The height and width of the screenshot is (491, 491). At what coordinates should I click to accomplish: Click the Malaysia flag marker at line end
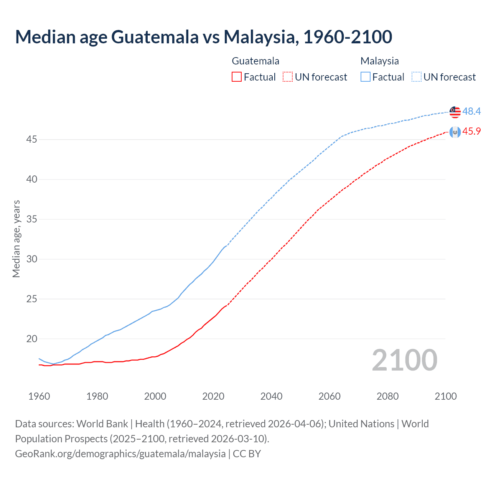pos(455,112)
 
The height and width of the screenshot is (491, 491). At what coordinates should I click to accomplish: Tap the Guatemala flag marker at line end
pos(455,132)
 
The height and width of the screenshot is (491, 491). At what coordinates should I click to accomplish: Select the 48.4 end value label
pos(471,112)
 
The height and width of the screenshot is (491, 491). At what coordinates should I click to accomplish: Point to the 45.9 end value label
pos(471,132)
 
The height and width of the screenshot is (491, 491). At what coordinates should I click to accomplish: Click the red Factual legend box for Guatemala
pos(237,77)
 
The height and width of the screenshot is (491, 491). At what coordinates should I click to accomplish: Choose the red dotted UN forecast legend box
pos(288,77)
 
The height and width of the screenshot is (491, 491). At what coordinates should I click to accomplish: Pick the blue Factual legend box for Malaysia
pos(366,77)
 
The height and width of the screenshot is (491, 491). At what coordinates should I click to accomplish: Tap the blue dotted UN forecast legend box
pos(416,77)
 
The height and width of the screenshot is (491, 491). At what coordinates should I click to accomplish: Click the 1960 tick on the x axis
pos(39,396)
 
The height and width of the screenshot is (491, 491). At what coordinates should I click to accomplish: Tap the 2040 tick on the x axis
pos(271,396)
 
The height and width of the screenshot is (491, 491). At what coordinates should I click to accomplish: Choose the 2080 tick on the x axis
pos(387,396)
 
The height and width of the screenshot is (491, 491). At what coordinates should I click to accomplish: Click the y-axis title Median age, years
pos(16,239)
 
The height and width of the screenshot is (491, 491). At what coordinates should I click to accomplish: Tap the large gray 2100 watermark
pos(404,360)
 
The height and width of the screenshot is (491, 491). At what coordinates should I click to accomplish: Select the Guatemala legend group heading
pos(255,61)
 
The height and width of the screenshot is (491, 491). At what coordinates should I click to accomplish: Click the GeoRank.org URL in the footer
pos(120,454)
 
